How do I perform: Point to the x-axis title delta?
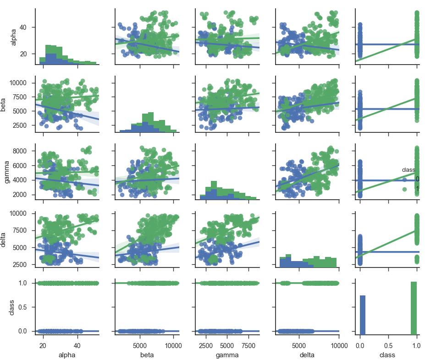pyautogui.click(x=307, y=355)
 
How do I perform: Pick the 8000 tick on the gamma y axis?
pyautogui.click(x=25, y=151)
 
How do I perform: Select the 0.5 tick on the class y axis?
pyautogui.click(x=25, y=307)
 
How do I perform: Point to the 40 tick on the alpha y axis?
pyautogui.click(x=28, y=27)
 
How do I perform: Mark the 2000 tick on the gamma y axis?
pyautogui.click(x=25, y=195)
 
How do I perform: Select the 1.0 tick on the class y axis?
pyautogui.click(x=25, y=283)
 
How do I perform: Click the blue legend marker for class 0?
pyautogui.click(x=405, y=179)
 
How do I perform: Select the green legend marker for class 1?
pyautogui.click(x=405, y=188)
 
